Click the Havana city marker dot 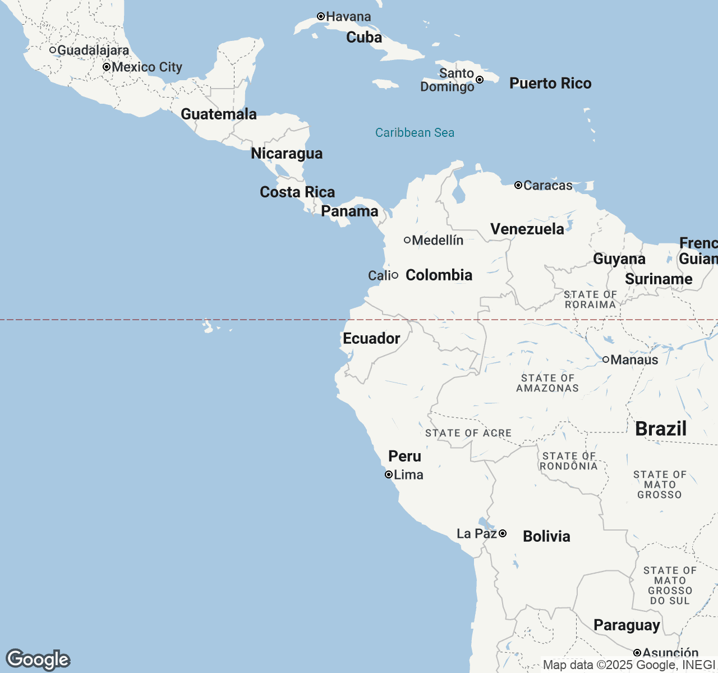pos(321,17)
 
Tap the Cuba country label pos(364,38)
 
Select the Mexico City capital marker pos(107,67)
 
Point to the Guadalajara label pos(93,50)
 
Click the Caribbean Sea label pos(415,133)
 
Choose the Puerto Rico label pos(550,84)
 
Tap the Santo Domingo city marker pos(480,80)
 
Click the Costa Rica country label pos(297,192)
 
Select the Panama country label pos(349,211)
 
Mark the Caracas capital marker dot pos(518,185)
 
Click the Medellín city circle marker pos(407,240)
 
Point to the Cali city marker pos(395,275)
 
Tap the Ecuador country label pos(371,339)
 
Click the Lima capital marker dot pos(388,474)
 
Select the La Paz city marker pos(503,533)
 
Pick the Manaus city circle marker pos(606,359)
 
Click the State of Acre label pos(468,433)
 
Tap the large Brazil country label pos(661,429)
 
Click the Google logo pos(38,660)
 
